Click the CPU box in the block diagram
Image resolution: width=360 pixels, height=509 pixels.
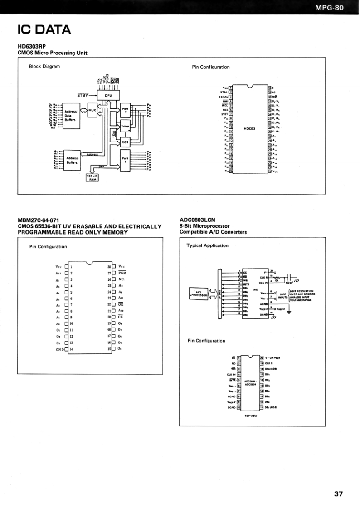[108, 95]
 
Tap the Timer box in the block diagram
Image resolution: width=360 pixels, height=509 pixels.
[125, 127]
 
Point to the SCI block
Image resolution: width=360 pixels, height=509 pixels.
[125, 142]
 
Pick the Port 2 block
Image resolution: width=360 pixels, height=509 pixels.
[125, 110]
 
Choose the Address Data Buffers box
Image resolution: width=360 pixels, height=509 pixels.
[71, 115]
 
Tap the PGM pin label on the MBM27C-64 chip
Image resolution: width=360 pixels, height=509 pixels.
[122, 273]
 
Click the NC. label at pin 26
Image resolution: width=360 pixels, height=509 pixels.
[122, 279]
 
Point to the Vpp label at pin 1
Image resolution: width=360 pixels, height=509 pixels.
[58, 267]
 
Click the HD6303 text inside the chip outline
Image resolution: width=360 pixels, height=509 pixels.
[249, 129]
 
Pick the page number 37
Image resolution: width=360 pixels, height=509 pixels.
[338, 494]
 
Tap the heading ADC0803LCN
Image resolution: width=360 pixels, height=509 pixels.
[197, 220]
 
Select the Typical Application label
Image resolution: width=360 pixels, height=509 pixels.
[208, 245]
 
